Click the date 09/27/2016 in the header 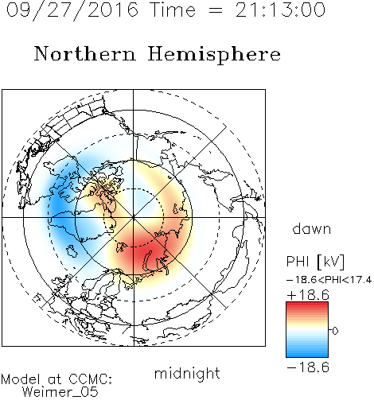[x=72, y=10]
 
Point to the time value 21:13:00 [x=280, y=10]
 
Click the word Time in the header [x=173, y=10]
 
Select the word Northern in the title [x=84, y=53]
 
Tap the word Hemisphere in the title [x=214, y=55]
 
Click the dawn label [x=312, y=228]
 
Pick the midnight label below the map [x=187, y=373]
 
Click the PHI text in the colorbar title [x=298, y=262]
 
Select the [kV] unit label [x=331, y=262]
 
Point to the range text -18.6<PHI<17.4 [x=329, y=280]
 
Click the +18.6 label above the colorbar [x=308, y=295]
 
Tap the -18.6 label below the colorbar [x=308, y=367]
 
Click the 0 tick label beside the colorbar [x=335, y=331]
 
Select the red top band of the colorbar [x=307, y=305]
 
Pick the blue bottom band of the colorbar [x=307, y=354]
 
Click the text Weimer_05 [x=60, y=392]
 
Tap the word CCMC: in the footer [x=90, y=379]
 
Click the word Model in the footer [x=21, y=379]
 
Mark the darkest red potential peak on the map [x=142, y=253]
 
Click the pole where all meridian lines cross [x=134, y=218]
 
